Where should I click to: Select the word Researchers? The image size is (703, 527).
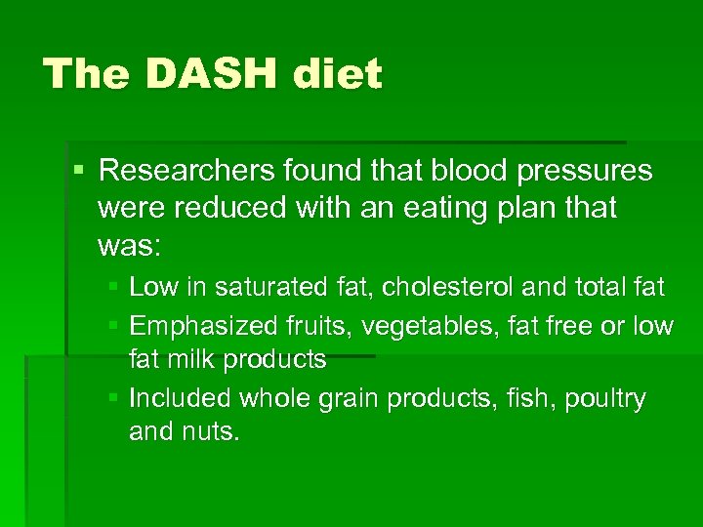coord(186,171)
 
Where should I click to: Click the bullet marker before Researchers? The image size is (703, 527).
coord(79,172)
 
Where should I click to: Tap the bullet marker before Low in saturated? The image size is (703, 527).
coord(113,287)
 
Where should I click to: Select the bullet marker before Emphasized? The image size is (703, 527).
coord(113,325)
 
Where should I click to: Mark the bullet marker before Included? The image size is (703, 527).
coord(113,397)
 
